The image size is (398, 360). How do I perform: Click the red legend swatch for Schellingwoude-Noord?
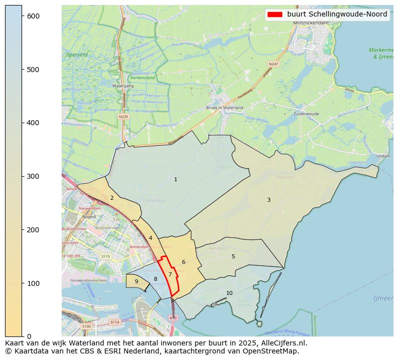[275, 15]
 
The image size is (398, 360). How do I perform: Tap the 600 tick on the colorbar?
[22, 16]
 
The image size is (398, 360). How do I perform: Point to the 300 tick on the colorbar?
[22, 176]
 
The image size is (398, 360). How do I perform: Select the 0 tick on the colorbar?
[22, 336]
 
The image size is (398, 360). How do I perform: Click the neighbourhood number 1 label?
[175, 179]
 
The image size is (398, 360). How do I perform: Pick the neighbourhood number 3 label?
[269, 200]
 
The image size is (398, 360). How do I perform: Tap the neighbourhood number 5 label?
[233, 256]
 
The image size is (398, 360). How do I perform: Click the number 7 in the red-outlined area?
[170, 274]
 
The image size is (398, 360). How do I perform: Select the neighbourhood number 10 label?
[229, 293]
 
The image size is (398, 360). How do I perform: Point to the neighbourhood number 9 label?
[136, 281]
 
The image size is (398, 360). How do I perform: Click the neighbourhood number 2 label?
[112, 198]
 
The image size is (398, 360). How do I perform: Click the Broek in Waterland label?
[225, 108]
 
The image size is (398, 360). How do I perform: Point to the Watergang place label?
[123, 86]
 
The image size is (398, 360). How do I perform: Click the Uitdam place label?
[383, 156]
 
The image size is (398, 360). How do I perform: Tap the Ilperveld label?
[77, 54]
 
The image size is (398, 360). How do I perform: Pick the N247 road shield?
[273, 64]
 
